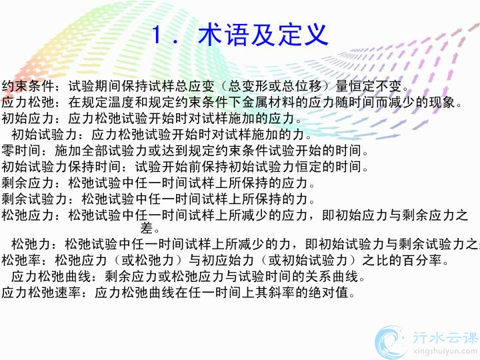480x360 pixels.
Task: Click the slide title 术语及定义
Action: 263,35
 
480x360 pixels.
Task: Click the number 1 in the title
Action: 157,35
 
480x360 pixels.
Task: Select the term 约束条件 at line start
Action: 28,86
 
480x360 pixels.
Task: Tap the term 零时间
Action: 21,151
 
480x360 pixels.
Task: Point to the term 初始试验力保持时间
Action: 61,167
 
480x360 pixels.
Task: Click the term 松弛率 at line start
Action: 21,261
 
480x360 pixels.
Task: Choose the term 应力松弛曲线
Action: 51,277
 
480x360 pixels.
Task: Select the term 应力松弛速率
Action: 41,293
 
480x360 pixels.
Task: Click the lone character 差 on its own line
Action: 147,228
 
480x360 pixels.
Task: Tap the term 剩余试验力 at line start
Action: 35,199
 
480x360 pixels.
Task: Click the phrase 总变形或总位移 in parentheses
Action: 275,86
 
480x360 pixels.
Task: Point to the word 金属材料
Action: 269,102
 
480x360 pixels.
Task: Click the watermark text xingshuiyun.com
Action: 445,351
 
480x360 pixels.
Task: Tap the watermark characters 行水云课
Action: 445,337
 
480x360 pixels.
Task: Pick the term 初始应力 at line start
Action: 28,119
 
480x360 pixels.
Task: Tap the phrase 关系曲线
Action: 332,277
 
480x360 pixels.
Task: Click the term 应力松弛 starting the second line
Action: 28,102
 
